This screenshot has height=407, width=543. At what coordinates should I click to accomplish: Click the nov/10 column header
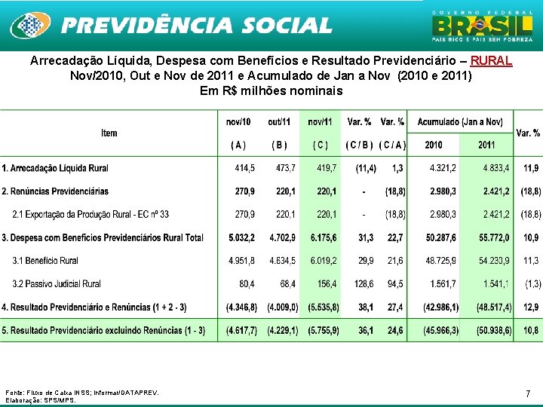pos(238,122)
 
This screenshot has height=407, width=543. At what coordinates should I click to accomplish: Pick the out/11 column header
pos(279,122)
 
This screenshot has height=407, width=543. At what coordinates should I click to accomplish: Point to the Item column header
pos(109,133)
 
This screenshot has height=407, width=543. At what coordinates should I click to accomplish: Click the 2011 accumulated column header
pos(486,145)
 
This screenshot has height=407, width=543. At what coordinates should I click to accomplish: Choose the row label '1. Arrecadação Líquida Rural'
pos(55,168)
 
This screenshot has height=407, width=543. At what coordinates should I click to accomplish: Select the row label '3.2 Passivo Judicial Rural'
pos(57,284)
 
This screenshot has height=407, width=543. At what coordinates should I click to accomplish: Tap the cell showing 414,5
pos(244,168)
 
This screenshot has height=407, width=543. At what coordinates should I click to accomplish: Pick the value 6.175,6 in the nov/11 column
pos(324,237)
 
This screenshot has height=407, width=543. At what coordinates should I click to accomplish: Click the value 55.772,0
pos(494,237)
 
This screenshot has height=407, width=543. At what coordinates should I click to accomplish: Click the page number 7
pos(528,393)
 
